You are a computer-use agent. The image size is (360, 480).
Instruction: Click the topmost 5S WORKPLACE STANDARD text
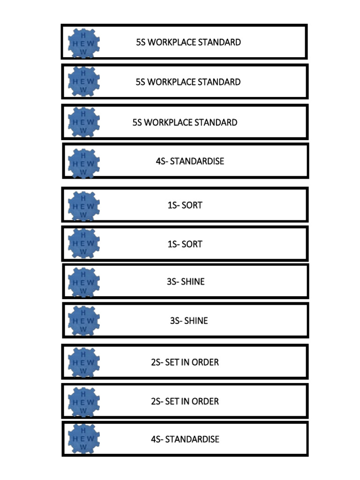click(x=188, y=42)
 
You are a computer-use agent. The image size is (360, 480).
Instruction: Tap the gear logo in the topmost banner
click(x=84, y=42)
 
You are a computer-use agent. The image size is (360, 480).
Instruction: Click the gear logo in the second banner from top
click(x=84, y=82)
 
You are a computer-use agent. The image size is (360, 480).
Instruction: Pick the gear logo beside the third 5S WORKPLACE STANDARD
click(x=84, y=122)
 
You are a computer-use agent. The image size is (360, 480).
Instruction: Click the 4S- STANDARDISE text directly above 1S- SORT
click(x=190, y=161)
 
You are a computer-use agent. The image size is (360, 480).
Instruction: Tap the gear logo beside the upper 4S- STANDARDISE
click(x=84, y=162)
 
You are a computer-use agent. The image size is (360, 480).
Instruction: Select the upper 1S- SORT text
click(x=185, y=205)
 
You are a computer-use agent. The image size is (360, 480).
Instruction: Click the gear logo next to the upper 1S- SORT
click(x=84, y=205)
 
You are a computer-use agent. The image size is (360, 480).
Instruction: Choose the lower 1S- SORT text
click(x=185, y=244)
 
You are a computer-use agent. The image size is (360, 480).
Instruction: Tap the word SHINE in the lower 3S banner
click(x=196, y=321)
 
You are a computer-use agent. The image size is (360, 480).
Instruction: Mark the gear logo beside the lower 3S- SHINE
click(x=84, y=321)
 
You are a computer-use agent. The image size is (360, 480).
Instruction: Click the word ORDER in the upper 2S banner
click(x=205, y=362)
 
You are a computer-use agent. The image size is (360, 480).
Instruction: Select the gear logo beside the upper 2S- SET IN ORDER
click(x=84, y=362)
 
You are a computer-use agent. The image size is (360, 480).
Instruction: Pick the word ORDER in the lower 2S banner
click(x=205, y=401)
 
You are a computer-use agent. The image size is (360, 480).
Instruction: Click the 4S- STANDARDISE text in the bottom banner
click(x=185, y=440)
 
